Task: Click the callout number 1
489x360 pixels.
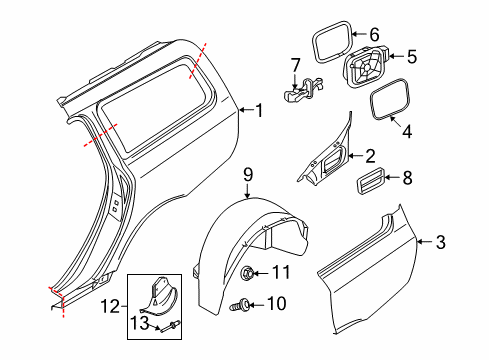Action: click(x=259, y=111)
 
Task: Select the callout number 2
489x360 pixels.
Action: click(x=370, y=155)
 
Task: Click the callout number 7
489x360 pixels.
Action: click(x=295, y=66)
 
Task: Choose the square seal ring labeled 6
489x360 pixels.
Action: click(x=328, y=43)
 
